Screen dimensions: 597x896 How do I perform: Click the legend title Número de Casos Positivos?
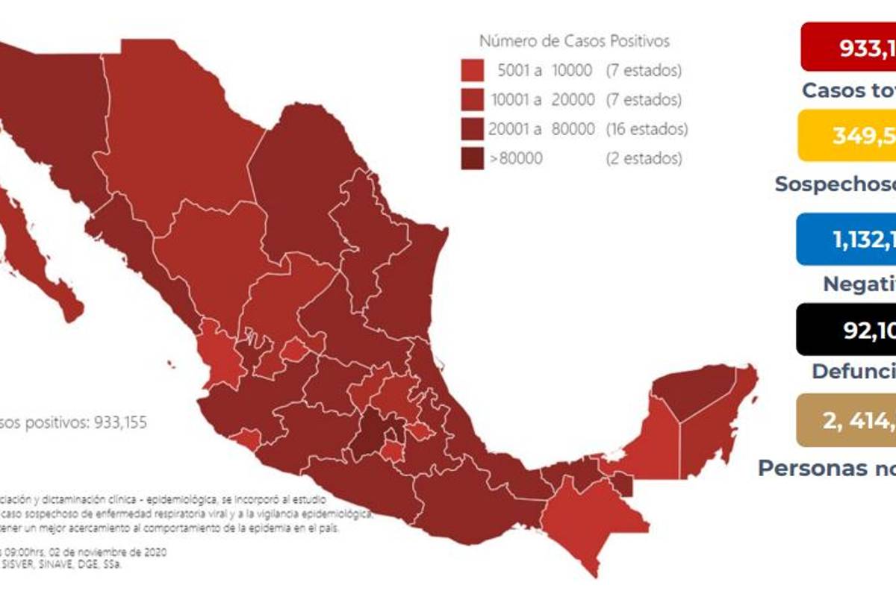coord(573,41)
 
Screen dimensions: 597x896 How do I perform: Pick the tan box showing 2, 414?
coord(847,421)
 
